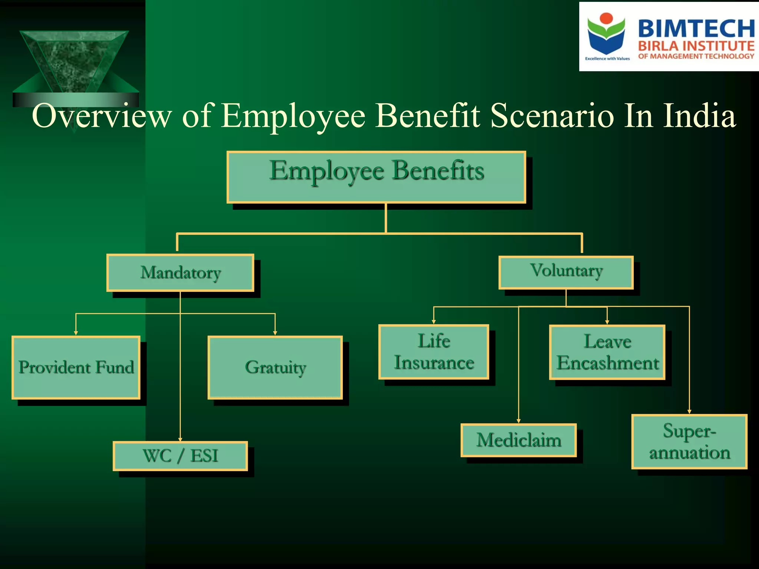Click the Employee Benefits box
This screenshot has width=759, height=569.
[x=376, y=177]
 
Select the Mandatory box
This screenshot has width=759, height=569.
[x=180, y=273]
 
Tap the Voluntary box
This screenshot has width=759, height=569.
[x=566, y=272]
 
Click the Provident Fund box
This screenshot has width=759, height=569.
[x=76, y=367]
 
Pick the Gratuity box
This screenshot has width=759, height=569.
[x=275, y=367]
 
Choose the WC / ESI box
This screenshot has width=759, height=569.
[x=180, y=456]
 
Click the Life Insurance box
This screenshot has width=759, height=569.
[x=434, y=352]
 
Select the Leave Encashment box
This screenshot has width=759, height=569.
[x=607, y=352]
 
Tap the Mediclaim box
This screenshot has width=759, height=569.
[x=518, y=440]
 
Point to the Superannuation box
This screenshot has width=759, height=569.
[x=689, y=442]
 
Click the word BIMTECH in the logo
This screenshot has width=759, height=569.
[x=696, y=29]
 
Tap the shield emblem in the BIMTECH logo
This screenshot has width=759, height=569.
[x=606, y=35]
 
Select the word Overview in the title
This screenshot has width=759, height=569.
[x=102, y=116]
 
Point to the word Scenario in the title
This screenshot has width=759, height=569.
[x=552, y=116]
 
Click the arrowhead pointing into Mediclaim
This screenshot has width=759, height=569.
[x=518, y=421]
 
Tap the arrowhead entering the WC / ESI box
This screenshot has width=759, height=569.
[x=180, y=439]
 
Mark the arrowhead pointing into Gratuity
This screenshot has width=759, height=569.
[x=275, y=333]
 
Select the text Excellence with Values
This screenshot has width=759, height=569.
[x=607, y=59]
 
